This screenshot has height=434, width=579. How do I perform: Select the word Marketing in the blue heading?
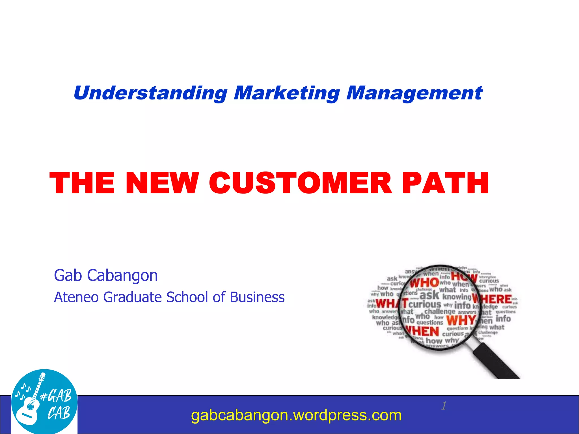287,93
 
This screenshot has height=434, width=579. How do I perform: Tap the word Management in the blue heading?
414,93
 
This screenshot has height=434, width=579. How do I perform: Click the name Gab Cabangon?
106,275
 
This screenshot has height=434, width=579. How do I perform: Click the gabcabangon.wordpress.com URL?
296,415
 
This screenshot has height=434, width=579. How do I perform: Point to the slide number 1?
444,406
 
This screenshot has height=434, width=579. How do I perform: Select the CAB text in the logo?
59,413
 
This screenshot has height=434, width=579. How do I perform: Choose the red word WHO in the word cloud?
424,283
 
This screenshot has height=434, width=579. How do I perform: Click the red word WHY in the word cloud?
461,320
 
